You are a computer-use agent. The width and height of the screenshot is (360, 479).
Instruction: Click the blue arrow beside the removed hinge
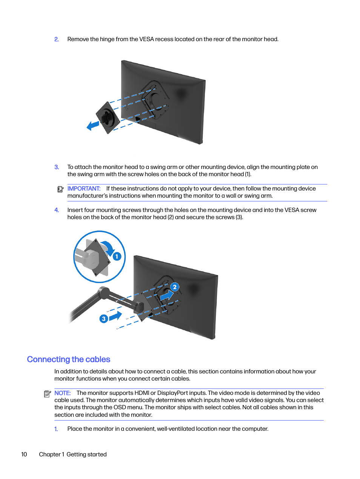[x=93, y=126]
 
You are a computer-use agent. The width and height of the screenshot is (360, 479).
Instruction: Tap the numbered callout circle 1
[x=117, y=256]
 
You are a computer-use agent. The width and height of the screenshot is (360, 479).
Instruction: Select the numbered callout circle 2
[x=174, y=287]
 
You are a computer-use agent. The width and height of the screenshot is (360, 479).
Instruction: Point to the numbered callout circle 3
[x=104, y=319]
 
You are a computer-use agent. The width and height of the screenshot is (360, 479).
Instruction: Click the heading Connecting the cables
[x=69, y=359]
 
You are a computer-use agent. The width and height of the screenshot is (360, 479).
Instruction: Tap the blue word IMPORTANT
[x=84, y=189]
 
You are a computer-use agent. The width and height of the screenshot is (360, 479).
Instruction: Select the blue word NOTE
[x=62, y=393]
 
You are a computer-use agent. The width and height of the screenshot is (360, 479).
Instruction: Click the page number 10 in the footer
[x=24, y=454]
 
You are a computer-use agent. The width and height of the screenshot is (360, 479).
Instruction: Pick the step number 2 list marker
[x=57, y=39]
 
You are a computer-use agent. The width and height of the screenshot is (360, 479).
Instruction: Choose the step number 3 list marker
[x=57, y=167]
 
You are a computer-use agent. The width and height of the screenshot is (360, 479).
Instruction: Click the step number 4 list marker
[x=57, y=210]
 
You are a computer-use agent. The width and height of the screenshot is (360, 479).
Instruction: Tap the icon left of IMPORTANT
[x=60, y=189]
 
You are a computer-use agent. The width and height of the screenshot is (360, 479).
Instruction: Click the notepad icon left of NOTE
[x=48, y=394]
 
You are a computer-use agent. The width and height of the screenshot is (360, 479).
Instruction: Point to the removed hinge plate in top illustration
[x=108, y=117]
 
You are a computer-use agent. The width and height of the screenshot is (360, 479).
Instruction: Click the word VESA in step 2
[x=146, y=39]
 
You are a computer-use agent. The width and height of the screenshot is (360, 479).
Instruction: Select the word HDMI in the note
[x=142, y=393]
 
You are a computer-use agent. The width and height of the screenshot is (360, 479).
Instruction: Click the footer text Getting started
[x=86, y=454]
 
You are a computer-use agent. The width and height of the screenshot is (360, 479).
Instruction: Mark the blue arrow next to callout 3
[x=115, y=316]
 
